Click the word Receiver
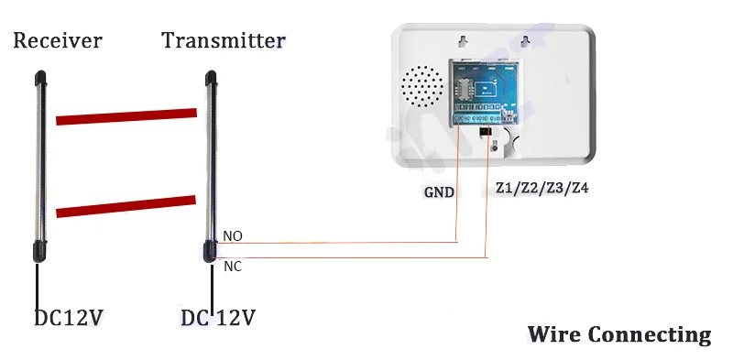pos(57,41)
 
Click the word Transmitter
pos(224,41)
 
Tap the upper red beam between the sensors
pos(126,115)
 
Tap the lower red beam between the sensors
pos(126,206)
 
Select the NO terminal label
pos(233,236)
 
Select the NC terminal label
pos(233,267)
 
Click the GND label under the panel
pos(439,192)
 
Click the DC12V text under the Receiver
pos(68,319)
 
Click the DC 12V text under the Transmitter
pos(217,319)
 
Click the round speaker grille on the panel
pos(423,89)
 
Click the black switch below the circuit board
pos(486,138)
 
